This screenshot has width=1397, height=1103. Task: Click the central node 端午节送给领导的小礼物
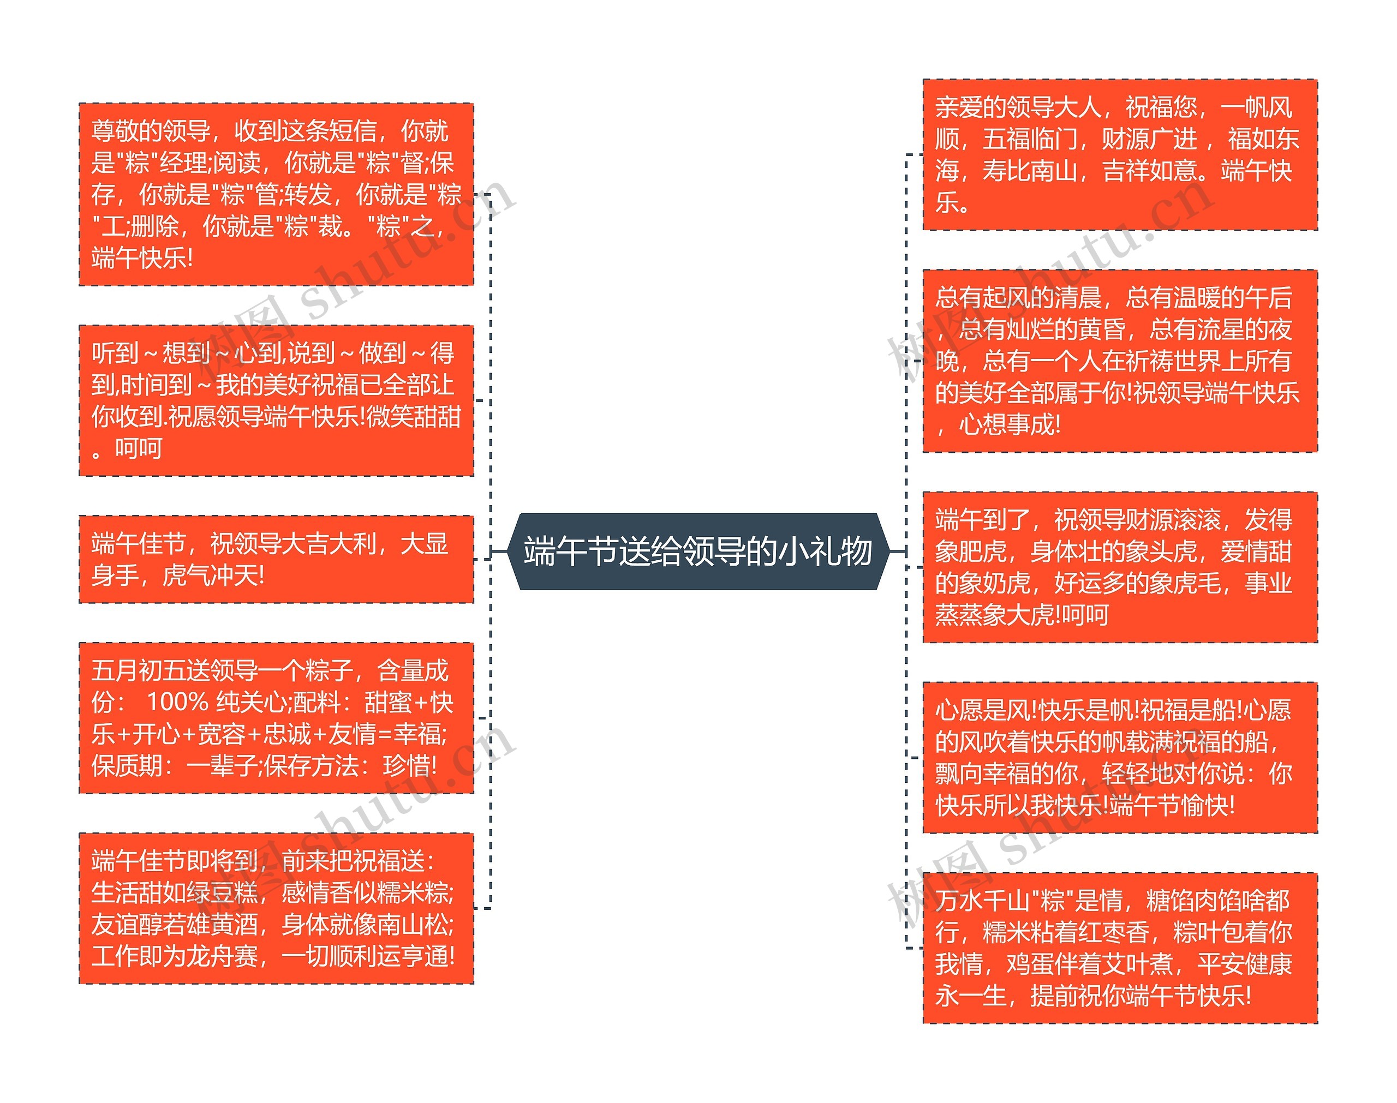point(697,551)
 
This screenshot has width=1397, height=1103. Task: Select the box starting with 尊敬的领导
point(276,194)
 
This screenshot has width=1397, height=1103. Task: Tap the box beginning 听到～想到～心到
point(276,400)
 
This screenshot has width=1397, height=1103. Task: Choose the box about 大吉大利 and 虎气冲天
point(276,559)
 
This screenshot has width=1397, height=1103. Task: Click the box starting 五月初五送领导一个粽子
point(276,717)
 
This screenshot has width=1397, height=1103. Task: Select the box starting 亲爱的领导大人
point(1119,154)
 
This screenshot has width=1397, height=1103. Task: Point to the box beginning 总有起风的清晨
point(1119,361)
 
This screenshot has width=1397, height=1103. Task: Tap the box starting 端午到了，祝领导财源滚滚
point(1119,566)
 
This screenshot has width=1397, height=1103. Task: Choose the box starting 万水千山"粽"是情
point(1119,948)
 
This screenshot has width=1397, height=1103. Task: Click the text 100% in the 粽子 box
point(177,702)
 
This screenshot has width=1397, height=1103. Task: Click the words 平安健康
point(1244,964)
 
